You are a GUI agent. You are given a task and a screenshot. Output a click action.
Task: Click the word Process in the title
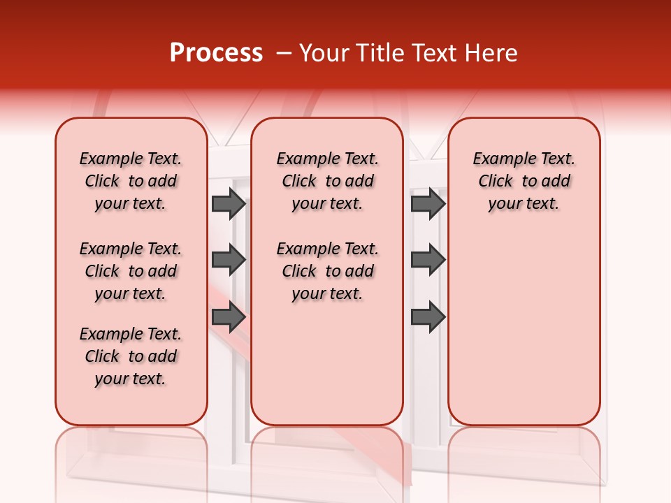[x=215, y=53]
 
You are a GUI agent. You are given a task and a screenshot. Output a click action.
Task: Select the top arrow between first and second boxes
[x=229, y=203]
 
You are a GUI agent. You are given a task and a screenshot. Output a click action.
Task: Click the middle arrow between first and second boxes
[x=229, y=260]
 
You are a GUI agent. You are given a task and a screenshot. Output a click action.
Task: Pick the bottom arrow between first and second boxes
[x=229, y=317]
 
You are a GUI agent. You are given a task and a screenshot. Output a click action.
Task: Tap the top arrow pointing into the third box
[x=428, y=203]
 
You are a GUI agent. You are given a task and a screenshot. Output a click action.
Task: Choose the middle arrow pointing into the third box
[x=428, y=260]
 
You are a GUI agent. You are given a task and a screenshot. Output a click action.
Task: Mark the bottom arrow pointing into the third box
[x=428, y=317]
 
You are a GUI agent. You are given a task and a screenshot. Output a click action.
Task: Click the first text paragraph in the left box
[x=131, y=181]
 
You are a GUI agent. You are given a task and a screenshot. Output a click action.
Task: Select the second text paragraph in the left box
[x=131, y=271]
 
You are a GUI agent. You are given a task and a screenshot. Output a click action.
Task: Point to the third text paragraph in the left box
[x=131, y=356]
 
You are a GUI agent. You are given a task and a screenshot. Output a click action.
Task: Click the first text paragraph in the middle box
[x=327, y=181]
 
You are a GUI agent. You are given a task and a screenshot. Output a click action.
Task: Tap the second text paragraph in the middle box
[x=327, y=271]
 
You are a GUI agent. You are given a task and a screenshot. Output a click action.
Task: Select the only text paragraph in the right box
[x=524, y=181]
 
